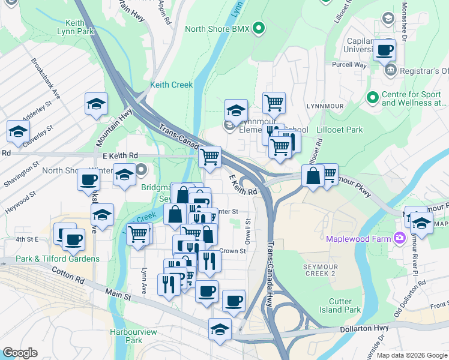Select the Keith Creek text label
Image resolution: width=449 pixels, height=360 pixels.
coord(172,85)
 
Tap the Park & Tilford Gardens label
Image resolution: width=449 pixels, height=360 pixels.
coord(58,259)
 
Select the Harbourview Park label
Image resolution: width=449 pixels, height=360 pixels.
coord(125,335)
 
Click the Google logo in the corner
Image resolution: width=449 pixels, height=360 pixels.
coord(20,353)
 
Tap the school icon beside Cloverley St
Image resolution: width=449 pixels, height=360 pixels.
coord(19,131)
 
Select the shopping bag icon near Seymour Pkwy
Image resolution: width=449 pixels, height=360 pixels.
coord(313,176)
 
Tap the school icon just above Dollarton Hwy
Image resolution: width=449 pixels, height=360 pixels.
coord(220,329)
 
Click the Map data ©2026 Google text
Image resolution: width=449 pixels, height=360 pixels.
coord(411,355)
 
